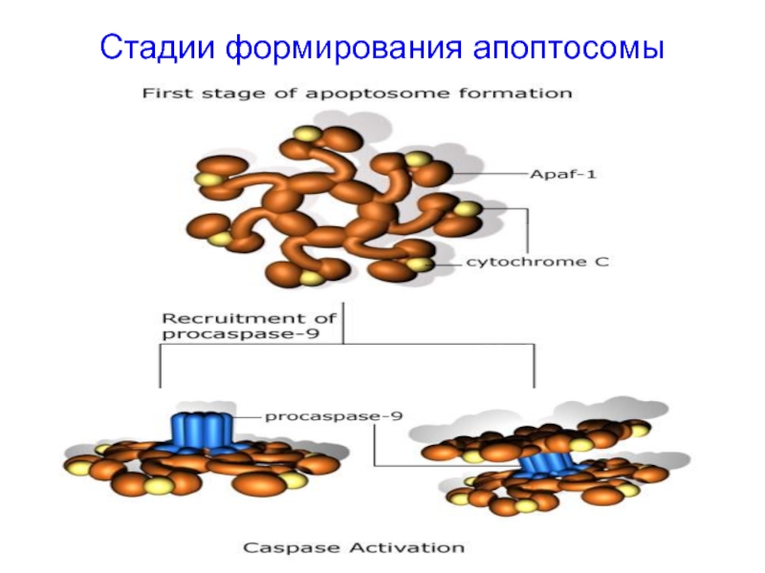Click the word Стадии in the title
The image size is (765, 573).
point(157,47)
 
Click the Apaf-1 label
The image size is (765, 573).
point(563,174)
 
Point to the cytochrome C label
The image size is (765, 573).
point(537,262)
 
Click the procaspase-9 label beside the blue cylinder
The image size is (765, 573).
point(334,416)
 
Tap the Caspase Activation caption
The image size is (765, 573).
point(354,547)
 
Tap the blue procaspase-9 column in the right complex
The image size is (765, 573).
point(545,465)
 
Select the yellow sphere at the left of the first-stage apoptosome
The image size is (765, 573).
point(208,179)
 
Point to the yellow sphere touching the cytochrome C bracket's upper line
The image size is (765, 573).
point(468,209)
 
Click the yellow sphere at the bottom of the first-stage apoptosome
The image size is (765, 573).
point(312,278)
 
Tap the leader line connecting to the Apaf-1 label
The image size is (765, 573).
point(491,174)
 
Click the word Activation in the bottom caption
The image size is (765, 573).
point(409,547)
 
